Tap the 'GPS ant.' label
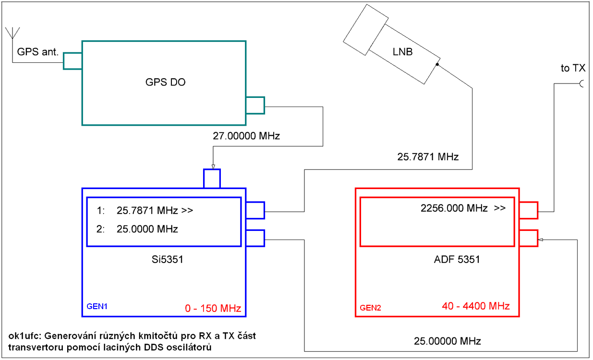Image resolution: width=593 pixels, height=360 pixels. (x=37, y=51)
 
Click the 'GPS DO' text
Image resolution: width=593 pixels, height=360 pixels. (x=165, y=82)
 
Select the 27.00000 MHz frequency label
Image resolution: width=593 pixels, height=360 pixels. (x=246, y=136)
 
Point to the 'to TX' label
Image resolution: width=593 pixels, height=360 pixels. (x=573, y=69)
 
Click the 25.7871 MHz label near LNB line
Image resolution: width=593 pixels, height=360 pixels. (x=428, y=156)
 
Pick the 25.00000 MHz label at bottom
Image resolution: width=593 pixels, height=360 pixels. (x=448, y=341)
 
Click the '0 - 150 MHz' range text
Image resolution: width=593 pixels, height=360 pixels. (x=213, y=307)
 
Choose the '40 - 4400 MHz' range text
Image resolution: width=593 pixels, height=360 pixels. (x=475, y=305)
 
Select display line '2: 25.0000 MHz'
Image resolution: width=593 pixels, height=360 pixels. (x=137, y=229)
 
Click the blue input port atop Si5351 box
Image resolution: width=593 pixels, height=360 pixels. (x=212, y=178)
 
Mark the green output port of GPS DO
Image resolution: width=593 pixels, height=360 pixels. (x=255, y=105)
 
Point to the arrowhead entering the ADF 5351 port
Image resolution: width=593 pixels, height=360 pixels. (x=540, y=239)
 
